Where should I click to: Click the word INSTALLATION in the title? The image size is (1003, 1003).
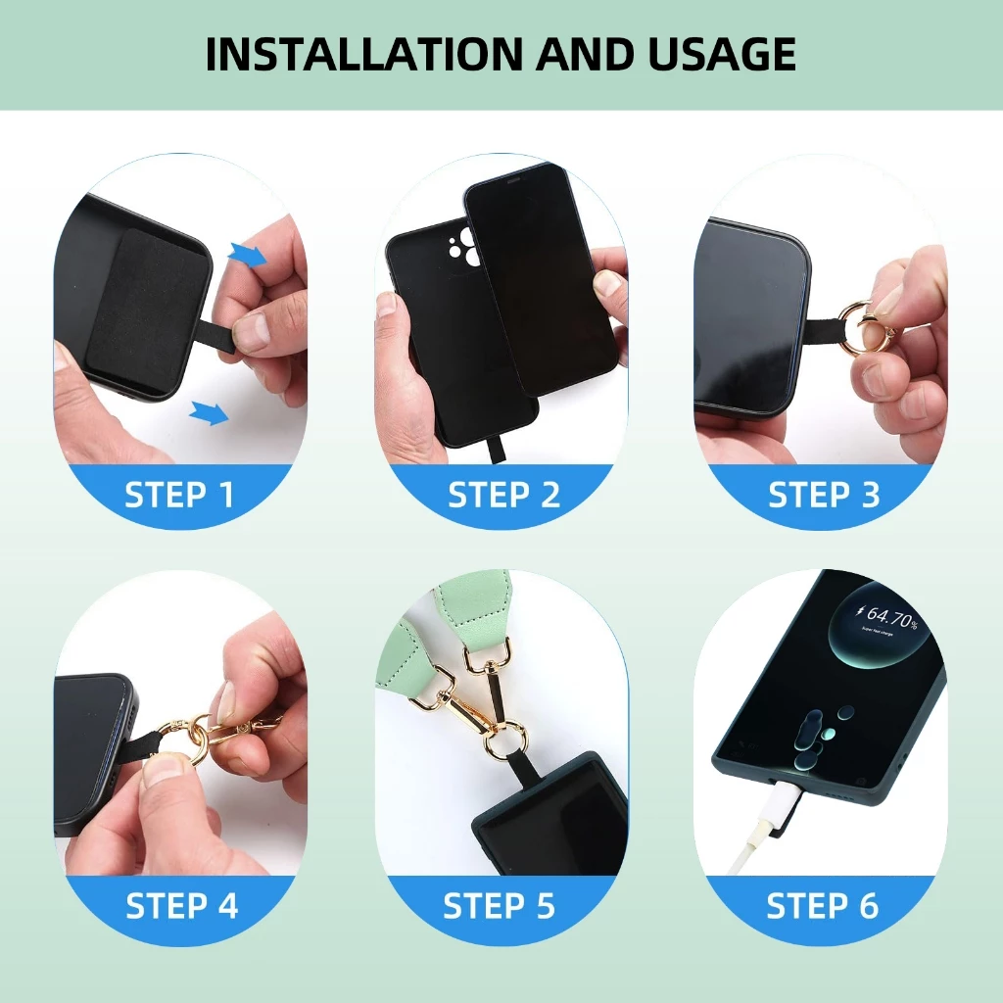tap(364, 54)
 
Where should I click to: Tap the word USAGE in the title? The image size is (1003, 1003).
tap(722, 54)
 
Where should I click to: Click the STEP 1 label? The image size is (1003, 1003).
tap(180, 495)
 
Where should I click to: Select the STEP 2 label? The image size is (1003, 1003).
tap(503, 495)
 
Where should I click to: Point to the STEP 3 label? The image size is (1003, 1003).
tap(824, 495)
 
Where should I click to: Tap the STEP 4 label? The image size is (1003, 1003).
tap(181, 906)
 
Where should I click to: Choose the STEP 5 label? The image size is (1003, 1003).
tap(499, 906)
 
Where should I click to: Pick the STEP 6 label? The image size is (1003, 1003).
tap(823, 906)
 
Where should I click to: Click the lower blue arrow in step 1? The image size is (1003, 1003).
tap(210, 412)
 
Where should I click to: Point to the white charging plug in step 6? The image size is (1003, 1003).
tap(783, 806)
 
